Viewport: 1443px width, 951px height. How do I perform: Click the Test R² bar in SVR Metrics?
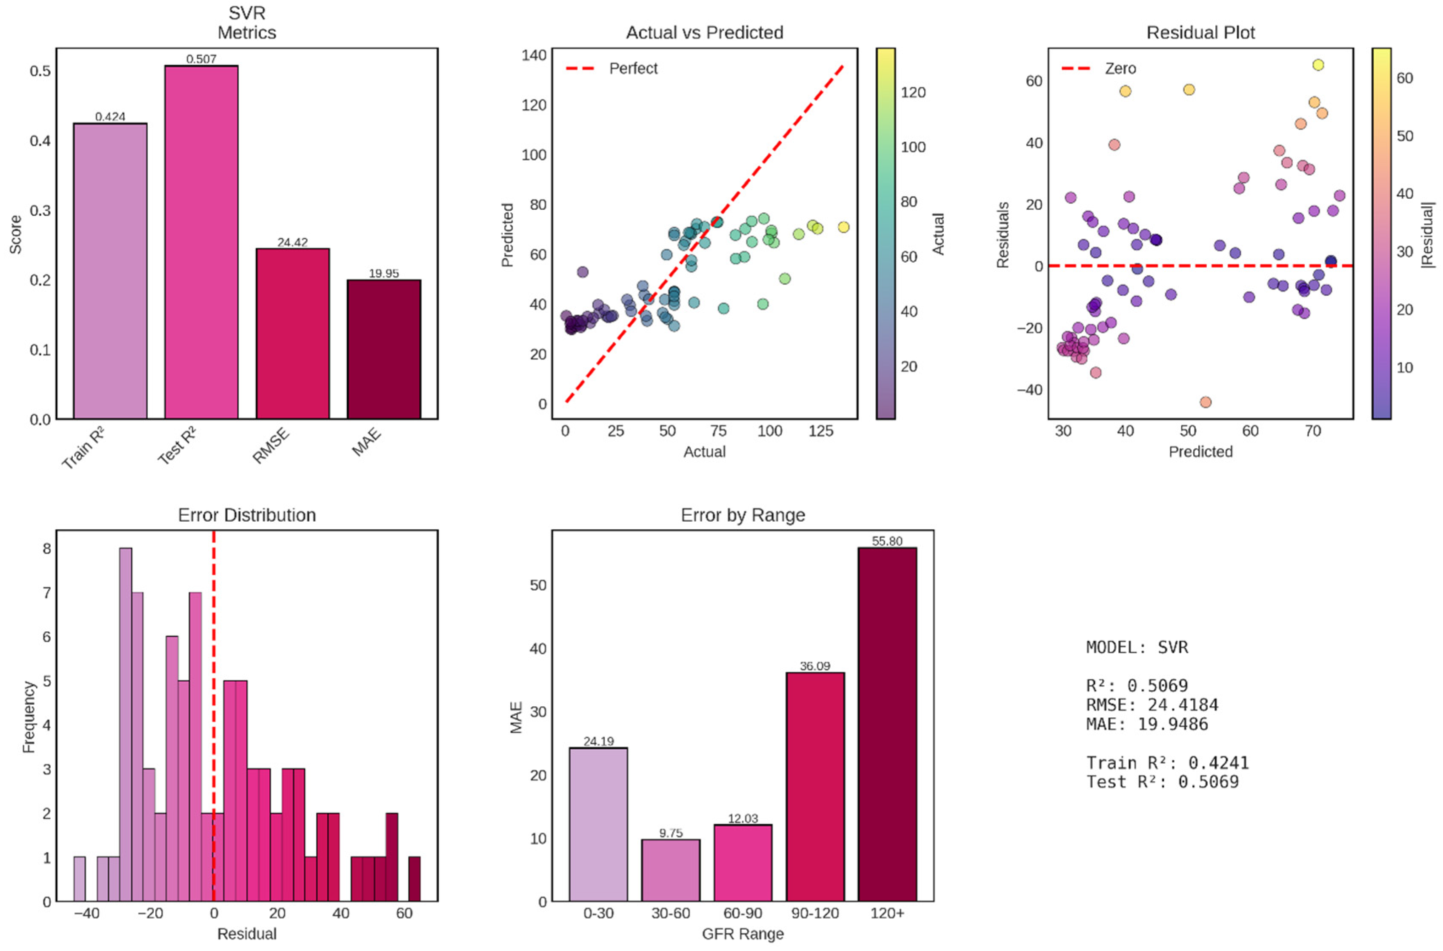[x=201, y=243]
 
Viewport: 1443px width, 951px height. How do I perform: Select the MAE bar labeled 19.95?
[x=383, y=349]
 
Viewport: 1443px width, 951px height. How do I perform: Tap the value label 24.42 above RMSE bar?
[x=292, y=243]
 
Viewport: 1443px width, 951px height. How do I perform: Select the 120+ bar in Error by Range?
[x=887, y=725]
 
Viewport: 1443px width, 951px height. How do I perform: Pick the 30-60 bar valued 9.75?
[x=670, y=870]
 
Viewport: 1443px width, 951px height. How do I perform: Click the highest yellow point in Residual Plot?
[x=1317, y=65]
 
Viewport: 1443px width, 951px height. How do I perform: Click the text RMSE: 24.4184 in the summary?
[x=1152, y=705]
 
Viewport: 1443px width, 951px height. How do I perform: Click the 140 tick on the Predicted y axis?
[x=534, y=55]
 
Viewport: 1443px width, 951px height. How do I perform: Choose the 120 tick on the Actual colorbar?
[x=913, y=92]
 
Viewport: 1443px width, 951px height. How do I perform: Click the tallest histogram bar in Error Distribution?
[x=126, y=725]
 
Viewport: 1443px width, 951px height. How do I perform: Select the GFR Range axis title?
[x=743, y=934]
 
